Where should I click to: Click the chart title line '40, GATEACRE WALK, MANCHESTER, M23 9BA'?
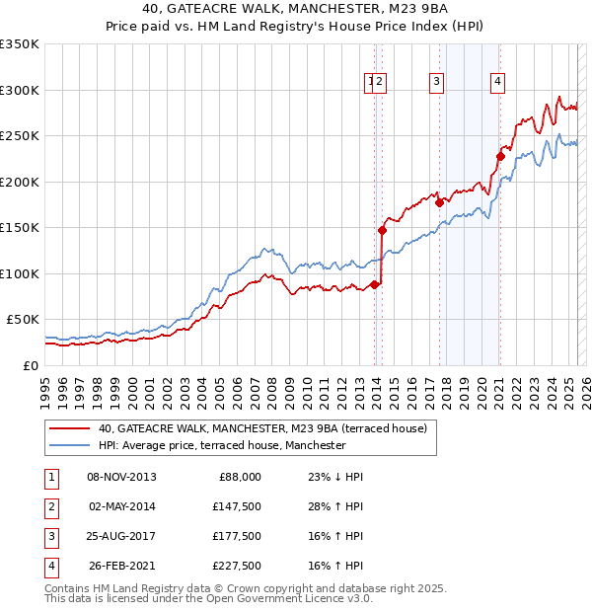(x=296, y=12)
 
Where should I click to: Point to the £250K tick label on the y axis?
(x=20, y=136)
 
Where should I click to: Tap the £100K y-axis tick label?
(x=20, y=273)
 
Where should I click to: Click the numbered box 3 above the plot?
(x=436, y=83)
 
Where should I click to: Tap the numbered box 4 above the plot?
(x=498, y=83)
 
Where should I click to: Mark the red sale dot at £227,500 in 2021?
(x=500, y=156)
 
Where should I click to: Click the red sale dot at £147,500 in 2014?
(x=382, y=230)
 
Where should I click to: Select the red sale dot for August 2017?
(x=440, y=202)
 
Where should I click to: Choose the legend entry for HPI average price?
(x=221, y=446)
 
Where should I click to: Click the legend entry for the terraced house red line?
(x=261, y=429)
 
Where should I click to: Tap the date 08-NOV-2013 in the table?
(x=122, y=477)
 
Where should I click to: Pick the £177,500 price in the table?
(x=236, y=536)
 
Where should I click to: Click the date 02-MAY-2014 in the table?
(x=122, y=506)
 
